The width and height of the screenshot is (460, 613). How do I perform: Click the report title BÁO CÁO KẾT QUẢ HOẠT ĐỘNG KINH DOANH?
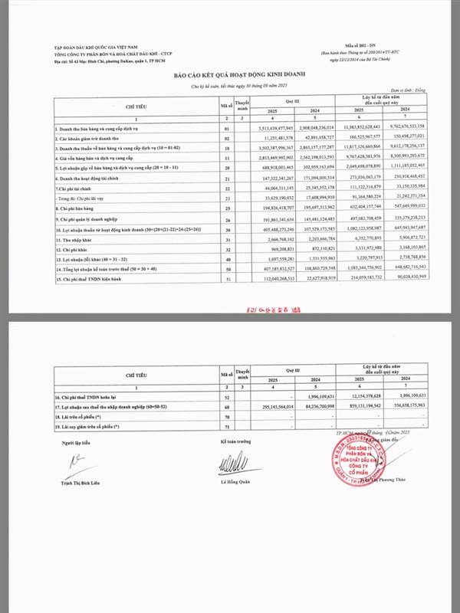tap(229, 76)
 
